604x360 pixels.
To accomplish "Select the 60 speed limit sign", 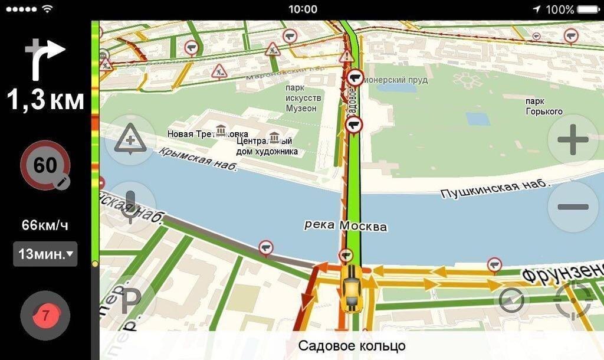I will click(x=45, y=165).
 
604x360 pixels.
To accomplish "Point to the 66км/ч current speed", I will click(x=45, y=225).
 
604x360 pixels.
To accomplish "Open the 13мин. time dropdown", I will click(x=45, y=254).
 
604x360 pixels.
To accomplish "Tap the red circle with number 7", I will click(x=45, y=315).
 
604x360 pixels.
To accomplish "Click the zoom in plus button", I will click(x=573, y=140).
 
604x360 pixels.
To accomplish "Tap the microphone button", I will click(x=130, y=207).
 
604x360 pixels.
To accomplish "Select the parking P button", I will click(x=130, y=301).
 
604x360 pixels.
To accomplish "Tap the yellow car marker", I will click(x=352, y=287).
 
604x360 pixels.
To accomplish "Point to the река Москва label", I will click(x=346, y=225).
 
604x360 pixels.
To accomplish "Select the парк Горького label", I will click(x=544, y=106).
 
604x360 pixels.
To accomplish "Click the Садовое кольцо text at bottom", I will click(x=352, y=345).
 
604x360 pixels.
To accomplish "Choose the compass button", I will click(x=511, y=300).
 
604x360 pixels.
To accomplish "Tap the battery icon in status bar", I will click(x=589, y=9).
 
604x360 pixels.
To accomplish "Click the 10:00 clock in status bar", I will click(x=303, y=9).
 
